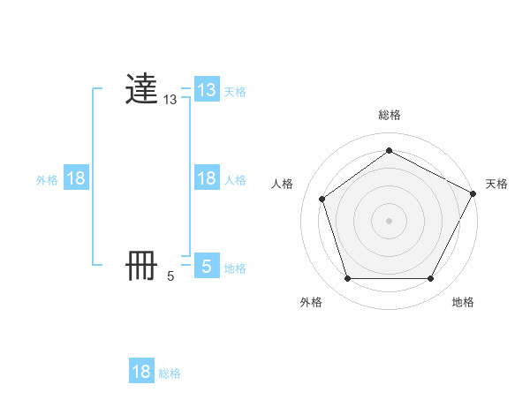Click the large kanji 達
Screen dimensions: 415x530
pyautogui.click(x=142, y=89)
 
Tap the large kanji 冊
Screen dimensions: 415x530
pyautogui.click(x=142, y=266)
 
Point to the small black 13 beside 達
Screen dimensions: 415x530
pyautogui.click(x=170, y=101)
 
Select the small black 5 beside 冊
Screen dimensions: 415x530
pyautogui.click(x=170, y=276)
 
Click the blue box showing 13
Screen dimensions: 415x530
pyautogui.click(x=207, y=90)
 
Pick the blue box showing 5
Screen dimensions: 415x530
pyautogui.click(x=207, y=266)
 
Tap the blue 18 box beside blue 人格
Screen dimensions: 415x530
pyautogui.click(x=207, y=178)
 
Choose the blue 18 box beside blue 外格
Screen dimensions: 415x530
pyautogui.click(x=76, y=178)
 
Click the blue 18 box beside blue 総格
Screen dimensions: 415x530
pyautogui.click(x=141, y=372)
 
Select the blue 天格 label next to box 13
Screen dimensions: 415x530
pyautogui.click(x=235, y=92)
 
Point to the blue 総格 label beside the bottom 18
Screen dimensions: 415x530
pyautogui.click(x=170, y=373)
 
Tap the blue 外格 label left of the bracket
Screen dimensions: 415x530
pyautogui.click(x=47, y=180)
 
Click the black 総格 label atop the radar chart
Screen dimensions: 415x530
pyautogui.click(x=389, y=116)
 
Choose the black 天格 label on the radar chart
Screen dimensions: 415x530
pyautogui.click(x=496, y=184)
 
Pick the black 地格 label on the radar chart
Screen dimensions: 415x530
pyautogui.click(x=463, y=302)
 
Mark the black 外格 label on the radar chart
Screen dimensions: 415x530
pyautogui.click(x=311, y=302)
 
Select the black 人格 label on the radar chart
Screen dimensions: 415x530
pyautogui.click(x=283, y=184)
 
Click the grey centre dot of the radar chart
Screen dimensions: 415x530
pyautogui.click(x=389, y=220)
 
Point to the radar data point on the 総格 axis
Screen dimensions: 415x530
pyautogui.click(x=389, y=150)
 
